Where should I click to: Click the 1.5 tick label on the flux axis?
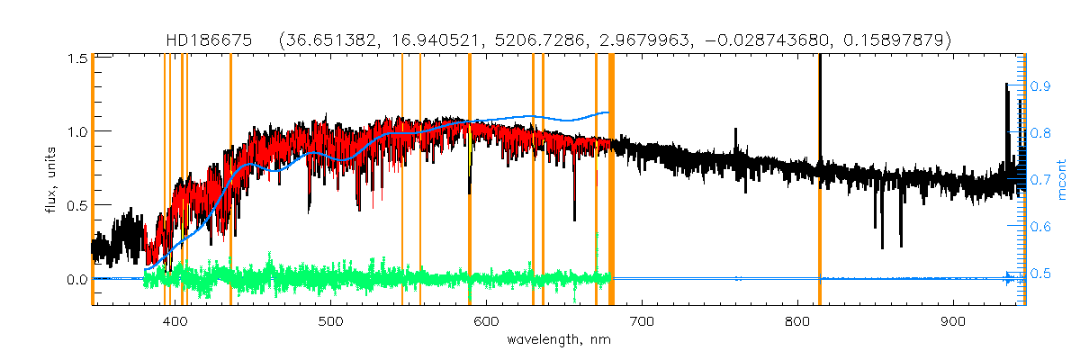click(76, 58)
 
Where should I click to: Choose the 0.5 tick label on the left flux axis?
click(76, 205)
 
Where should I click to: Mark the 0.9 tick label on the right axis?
click(1041, 86)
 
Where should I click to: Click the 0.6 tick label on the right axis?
click(1041, 227)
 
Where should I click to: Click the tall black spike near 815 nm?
click(820, 90)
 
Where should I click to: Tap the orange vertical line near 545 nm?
click(401, 180)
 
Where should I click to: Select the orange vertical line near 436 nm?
click(230, 180)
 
